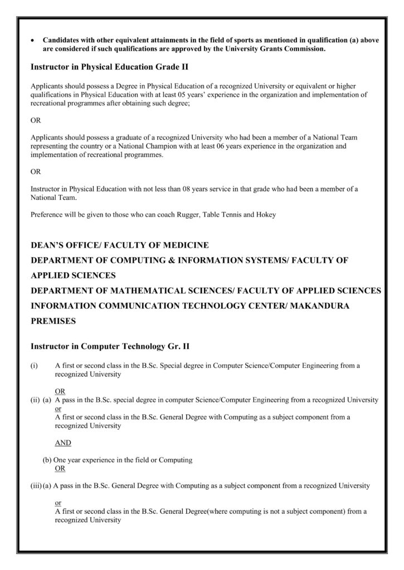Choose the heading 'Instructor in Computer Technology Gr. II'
[x=110, y=346]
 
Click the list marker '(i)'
[x=35, y=366]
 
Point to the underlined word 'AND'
[x=63, y=443]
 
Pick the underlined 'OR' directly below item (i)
[x=60, y=391]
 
